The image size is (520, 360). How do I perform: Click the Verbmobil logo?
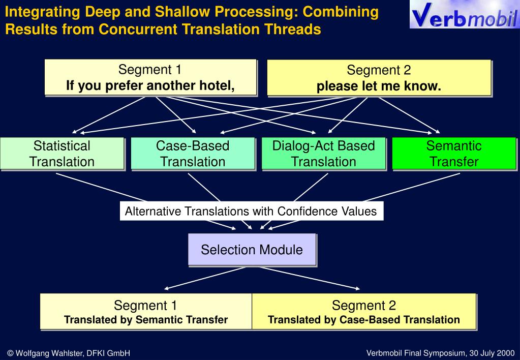pos(464,15)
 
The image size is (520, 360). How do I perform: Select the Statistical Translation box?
pos(62,154)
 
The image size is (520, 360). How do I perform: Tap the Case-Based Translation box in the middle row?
pos(193,154)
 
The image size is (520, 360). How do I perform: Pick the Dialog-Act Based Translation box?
pos(323,154)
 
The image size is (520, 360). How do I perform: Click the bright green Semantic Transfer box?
pos(454,154)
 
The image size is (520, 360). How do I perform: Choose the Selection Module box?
pos(252,250)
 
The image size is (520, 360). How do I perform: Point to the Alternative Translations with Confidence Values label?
pos(251,211)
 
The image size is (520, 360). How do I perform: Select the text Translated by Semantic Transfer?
pos(146,320)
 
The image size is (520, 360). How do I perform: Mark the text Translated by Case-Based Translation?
pos(364,320)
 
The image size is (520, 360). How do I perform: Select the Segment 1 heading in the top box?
pos(149,70)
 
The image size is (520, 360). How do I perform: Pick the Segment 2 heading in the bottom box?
pos(364,306)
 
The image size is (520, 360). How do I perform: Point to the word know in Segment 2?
pos(422,86)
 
